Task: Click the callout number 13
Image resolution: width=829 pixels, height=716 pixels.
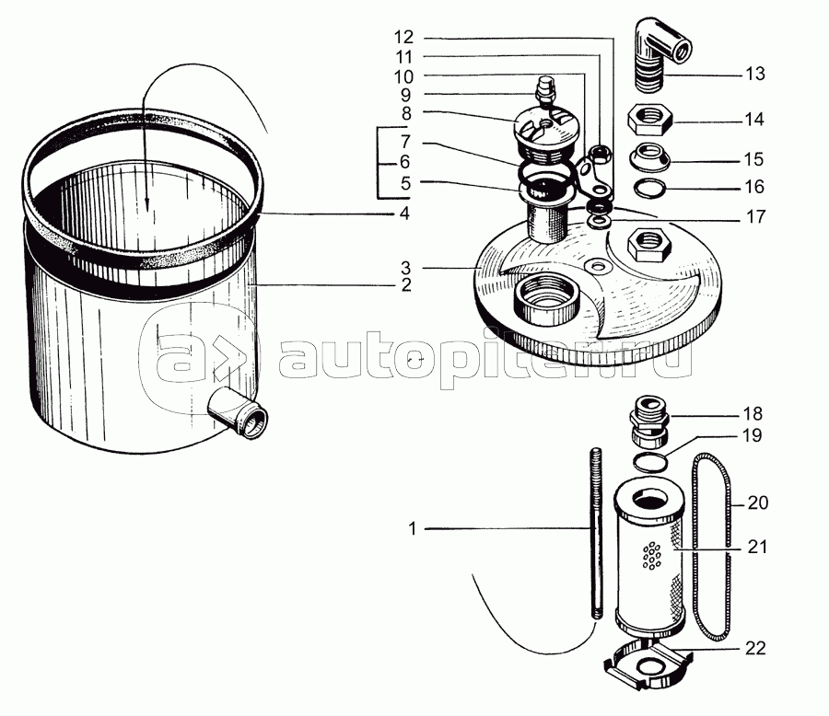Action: coord(754,74)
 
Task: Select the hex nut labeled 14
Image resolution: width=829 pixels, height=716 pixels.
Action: coord(649,119)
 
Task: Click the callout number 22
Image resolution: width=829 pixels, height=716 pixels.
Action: coord(755,649)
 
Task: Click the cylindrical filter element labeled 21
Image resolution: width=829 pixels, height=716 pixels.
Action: coord(649,561)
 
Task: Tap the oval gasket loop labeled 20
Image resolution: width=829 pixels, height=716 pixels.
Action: coord(712,547)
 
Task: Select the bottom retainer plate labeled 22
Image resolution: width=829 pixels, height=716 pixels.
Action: coord(648,664)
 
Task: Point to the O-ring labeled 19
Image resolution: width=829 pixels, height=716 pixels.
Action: coord(649,462)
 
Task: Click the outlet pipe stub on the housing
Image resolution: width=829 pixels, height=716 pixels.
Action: coord(238,412)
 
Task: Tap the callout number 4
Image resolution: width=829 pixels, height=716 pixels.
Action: coord(404,214)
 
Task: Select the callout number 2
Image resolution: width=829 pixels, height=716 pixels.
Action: coord(405,285)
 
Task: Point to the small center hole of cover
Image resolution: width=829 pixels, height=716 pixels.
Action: coord(598,265)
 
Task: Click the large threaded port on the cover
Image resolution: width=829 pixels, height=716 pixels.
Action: coord(547,300)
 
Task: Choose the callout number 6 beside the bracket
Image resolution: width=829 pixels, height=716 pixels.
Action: coord(404,162)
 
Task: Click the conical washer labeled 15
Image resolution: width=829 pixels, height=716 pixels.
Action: coord(649,157)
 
